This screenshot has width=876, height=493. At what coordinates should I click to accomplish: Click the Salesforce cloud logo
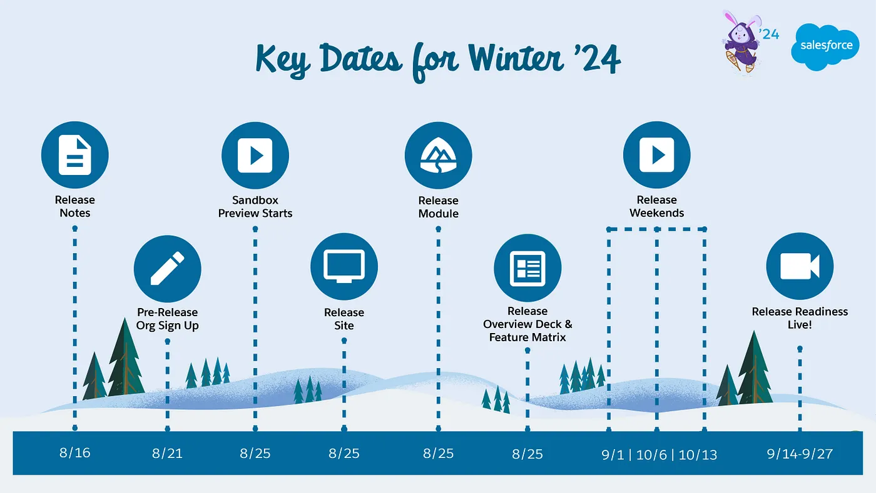pos(825,47)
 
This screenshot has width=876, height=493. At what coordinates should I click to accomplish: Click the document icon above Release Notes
pos(74,155)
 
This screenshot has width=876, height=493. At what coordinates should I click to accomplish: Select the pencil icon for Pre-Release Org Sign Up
pos(168,269)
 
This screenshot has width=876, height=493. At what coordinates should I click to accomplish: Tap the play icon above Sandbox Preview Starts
pos(255,156)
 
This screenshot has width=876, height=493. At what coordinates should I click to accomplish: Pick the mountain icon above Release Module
pos(439,156)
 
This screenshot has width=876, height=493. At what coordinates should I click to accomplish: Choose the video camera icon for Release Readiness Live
pos(800,266)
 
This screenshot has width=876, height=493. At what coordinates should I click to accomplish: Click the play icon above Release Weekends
pos(657,155)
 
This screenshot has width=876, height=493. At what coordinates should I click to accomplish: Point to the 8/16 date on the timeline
pos(74,453)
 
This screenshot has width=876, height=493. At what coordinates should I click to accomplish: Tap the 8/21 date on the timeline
pos(167,453)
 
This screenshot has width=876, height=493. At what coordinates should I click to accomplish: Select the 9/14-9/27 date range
pos(800,454)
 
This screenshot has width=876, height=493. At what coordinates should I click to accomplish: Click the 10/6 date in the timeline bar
pos(651,455)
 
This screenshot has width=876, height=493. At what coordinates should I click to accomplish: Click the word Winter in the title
pos(516,59)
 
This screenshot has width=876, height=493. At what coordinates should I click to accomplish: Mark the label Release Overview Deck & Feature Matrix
pos(527,324)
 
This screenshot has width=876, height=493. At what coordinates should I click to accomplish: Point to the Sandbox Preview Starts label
pos(255,207)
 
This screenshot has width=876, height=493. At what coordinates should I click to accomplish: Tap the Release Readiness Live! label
pos(800,318)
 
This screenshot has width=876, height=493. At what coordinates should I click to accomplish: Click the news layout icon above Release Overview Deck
pos(527,268)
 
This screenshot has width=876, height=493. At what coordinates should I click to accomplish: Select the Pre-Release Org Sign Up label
pos(168,319)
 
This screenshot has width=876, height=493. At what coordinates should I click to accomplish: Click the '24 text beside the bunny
pos(769,34)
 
